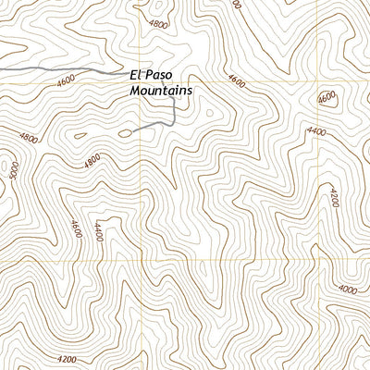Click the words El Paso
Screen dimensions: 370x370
tap(152, 76)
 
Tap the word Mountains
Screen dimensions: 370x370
tap(161, 92)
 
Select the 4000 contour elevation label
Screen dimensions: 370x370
tap(348, 290)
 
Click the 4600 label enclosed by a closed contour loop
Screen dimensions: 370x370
tap(327, 99)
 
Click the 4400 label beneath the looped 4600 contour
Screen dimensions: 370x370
tap(317, 132)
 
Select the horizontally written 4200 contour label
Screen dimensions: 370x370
tap(67, 359)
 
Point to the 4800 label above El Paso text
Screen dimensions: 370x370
tap(159, 26)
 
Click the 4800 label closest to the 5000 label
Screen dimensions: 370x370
tap(28, 139)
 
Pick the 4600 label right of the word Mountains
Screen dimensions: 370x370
tap(236, 83)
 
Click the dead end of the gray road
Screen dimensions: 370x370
tap(132, 132)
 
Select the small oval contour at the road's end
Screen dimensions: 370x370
tap(125, 133)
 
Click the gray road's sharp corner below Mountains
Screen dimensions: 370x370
tap(175, 125)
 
